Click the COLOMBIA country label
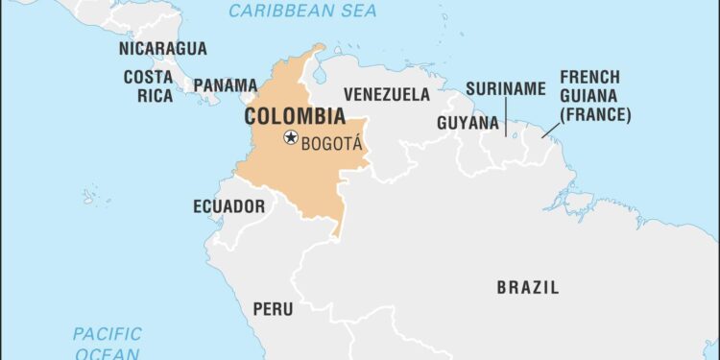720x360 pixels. click(295, 117)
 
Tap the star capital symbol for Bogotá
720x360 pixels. click(290, 138)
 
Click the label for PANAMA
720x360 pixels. click(225, 85)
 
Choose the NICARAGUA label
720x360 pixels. click(162, 48)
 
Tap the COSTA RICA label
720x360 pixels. click(148, 85)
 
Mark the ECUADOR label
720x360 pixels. click(228, 206)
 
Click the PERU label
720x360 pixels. click(273, 308)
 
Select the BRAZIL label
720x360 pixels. click(527, 287)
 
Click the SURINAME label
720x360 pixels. click(506, 89)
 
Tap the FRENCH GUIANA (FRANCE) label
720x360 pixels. click(595, 96)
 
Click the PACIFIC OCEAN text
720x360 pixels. click(108, 343)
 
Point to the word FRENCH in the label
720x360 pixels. click(589, 77)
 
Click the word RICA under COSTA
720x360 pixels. click(148, 95)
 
